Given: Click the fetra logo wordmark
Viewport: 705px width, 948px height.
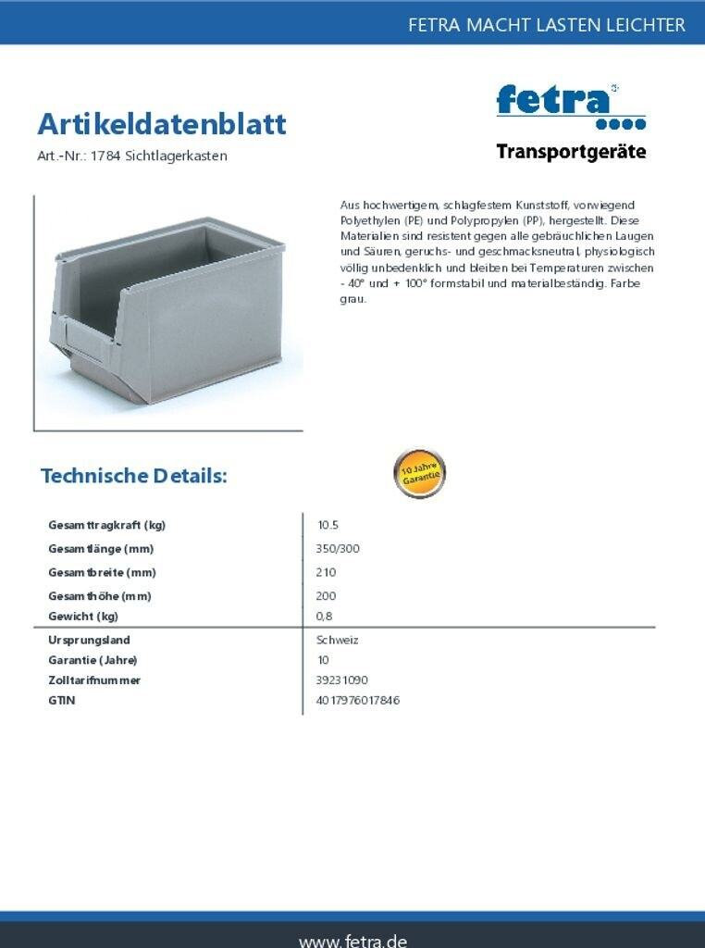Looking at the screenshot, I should (553, 100).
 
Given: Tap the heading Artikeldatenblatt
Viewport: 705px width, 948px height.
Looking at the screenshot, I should (162, 124).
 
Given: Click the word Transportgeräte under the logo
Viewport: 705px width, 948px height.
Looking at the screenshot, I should (571, 152).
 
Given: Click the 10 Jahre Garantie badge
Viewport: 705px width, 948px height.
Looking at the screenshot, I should (420, 474).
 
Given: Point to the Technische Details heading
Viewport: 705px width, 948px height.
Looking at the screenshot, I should (134, 476).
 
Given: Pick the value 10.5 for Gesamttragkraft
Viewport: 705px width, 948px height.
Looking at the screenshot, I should (328, 525).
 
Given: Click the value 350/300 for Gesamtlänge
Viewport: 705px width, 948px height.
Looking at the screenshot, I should (338, 549).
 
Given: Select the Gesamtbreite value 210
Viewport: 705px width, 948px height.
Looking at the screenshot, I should (326, 572).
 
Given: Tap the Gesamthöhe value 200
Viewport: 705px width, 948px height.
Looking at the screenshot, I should (326, 596).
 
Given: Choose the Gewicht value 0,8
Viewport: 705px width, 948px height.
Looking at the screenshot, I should (324, 617).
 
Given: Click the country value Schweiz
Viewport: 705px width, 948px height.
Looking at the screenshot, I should (337, 640).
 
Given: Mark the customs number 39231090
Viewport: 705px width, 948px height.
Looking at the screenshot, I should (341, 680).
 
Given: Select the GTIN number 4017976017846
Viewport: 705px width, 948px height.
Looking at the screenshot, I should (357, 701).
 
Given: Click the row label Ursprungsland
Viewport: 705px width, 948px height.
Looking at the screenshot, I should (89, 640).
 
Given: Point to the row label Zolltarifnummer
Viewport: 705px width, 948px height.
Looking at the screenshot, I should (94, 680).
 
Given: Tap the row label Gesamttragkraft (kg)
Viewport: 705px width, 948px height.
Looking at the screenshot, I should (106, 525).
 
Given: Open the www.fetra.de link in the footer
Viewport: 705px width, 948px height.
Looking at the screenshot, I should (352, 939).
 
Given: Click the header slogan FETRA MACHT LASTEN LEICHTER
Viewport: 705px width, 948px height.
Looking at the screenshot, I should (547, 25).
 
